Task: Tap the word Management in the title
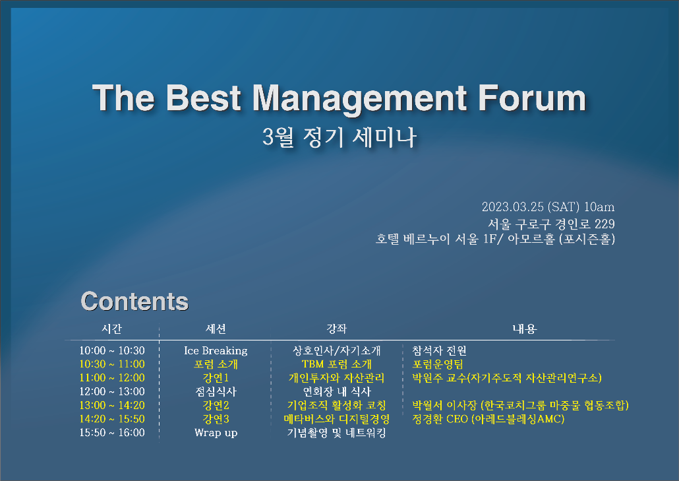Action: click(359, 100)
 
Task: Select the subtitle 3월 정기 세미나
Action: click(339, 137)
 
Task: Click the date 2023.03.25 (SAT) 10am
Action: click(548, 207)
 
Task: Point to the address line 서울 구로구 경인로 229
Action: click(551, 224)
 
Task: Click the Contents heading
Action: click(134, 301)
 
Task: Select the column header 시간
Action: click(111, 329)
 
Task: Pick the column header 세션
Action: click(216, 329)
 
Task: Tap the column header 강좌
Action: click(336, 329)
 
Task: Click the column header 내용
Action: click(525, 329)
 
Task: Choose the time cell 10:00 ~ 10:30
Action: click(112, 350)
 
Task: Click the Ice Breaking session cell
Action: click(216, 350)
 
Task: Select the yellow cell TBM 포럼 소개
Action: click(336, 364)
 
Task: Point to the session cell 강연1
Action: click(216, 378)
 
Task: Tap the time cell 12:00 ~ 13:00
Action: click(112, 391)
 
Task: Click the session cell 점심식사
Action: click(216, 392)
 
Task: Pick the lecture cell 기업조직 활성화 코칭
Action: click(336, 405)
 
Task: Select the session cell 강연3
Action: click(216, 419)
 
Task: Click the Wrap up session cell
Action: click(216, 433)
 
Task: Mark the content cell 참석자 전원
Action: click(439, 350)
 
